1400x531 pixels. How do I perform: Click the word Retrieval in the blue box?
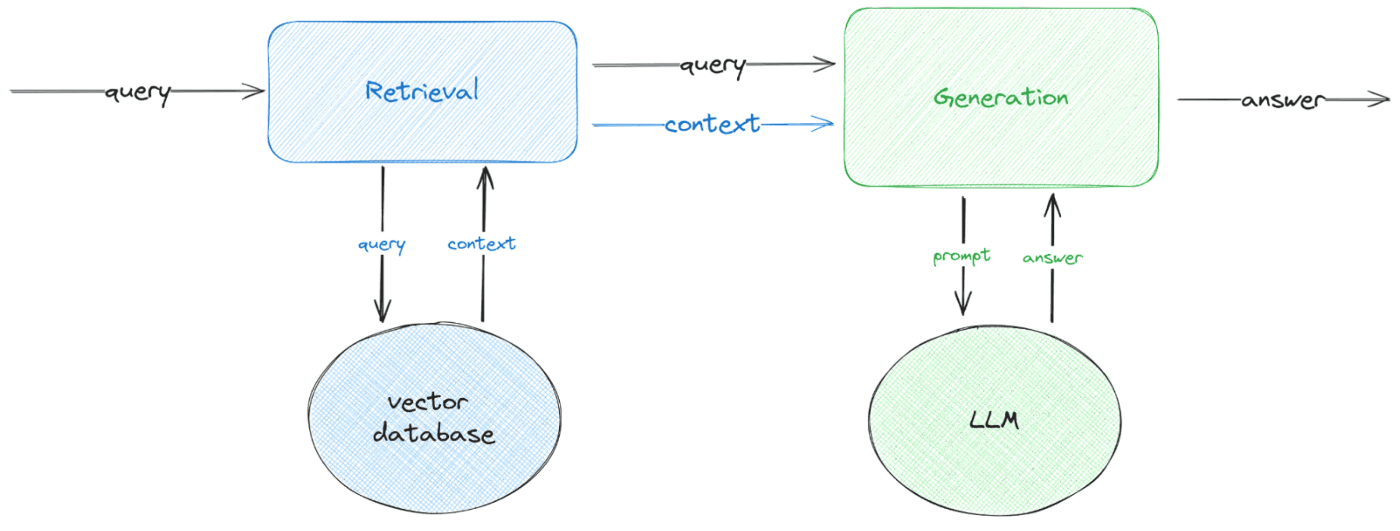pyautogui.click(x=422, y=90)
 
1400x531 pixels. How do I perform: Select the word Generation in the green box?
pyautogui.click(x=1000, y=98)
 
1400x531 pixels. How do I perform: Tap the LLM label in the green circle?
pyautogui.click(x=994, y=420)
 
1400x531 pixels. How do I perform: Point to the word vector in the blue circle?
pyautogui.click(x=427, y=402)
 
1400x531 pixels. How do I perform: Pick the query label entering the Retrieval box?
pyautogui.click(x=138, y=93)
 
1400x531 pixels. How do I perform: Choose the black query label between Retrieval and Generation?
pyautogui.click(x=713, y=66)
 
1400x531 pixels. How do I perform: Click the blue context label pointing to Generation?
pyautogui.click(x=712, y=124)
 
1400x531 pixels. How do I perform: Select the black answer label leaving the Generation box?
pyautogui.click(x=1283, y=100)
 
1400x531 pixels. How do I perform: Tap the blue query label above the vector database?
pyautogui.click(x=382, y=245)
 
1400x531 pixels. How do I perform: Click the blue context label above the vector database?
pyautogui.click(x=482, y=244)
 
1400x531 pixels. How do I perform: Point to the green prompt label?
pyautogui.click(x=961, y=256)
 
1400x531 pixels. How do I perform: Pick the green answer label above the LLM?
pyautogui.click(x=1052, y=258)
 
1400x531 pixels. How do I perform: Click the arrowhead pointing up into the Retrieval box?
pyautogui.click(x=485, y=176)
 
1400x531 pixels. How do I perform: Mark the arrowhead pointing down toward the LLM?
pyautogui.click(x=963, y=306)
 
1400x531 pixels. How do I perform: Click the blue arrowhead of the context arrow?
pyautogui.click(x=825, y=123)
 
